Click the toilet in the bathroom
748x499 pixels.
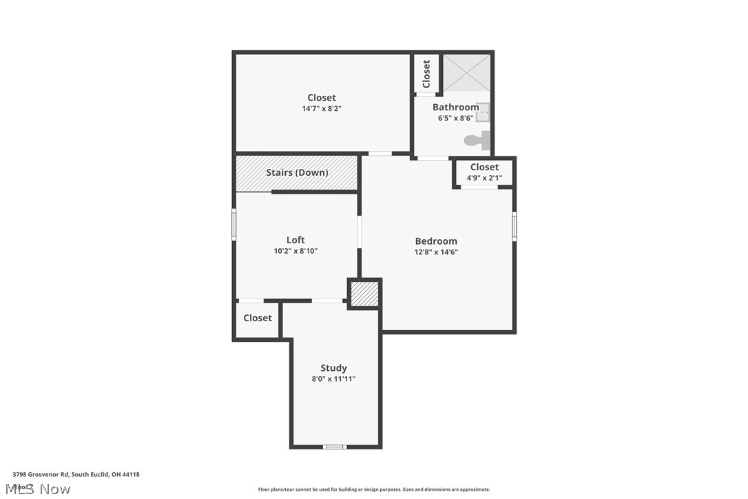pyautogui.click(x=477, y=141)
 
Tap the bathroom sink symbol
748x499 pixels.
pyautogui.click(x=483, y=112)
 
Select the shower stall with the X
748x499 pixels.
pyautogui.click(x=466, y=73)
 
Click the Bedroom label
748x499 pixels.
pyautogui.click(x=436, y=241)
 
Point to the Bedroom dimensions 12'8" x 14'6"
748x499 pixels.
pyautogui.click(x=436, y=252)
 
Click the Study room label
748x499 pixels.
pyautogui.click(x=333, y=368)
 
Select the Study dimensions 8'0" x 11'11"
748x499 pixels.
pyautogui.click(x=333, y=379)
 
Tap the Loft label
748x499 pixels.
pyautogui.click(x=295, y=240)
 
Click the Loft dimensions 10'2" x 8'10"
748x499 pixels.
pyautogui.click(x=295, y=251)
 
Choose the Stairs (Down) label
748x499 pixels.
pyautogui.click(x=297, y=172)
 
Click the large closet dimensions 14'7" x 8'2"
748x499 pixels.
pyautogui.click(x=322, y=109)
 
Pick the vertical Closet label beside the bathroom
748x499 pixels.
pyautogui.click(x=426, y=73)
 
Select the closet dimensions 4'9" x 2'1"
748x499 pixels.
pyautogui.click(x=484, y=178)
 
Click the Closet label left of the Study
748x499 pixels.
pyautogui.click(x=258, y=318)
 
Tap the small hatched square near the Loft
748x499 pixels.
pyautogui.click(x=364, y=294)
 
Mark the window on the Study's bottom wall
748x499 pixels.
pyautogui.click(x=335, y=447)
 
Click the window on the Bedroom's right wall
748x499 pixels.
pyautogui.click(x=514, y=226)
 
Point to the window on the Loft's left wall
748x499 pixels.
pyautogui.click(x=234, y=225)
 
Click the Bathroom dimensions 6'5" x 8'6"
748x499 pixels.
pyautogui.click(x=455, y=118)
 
